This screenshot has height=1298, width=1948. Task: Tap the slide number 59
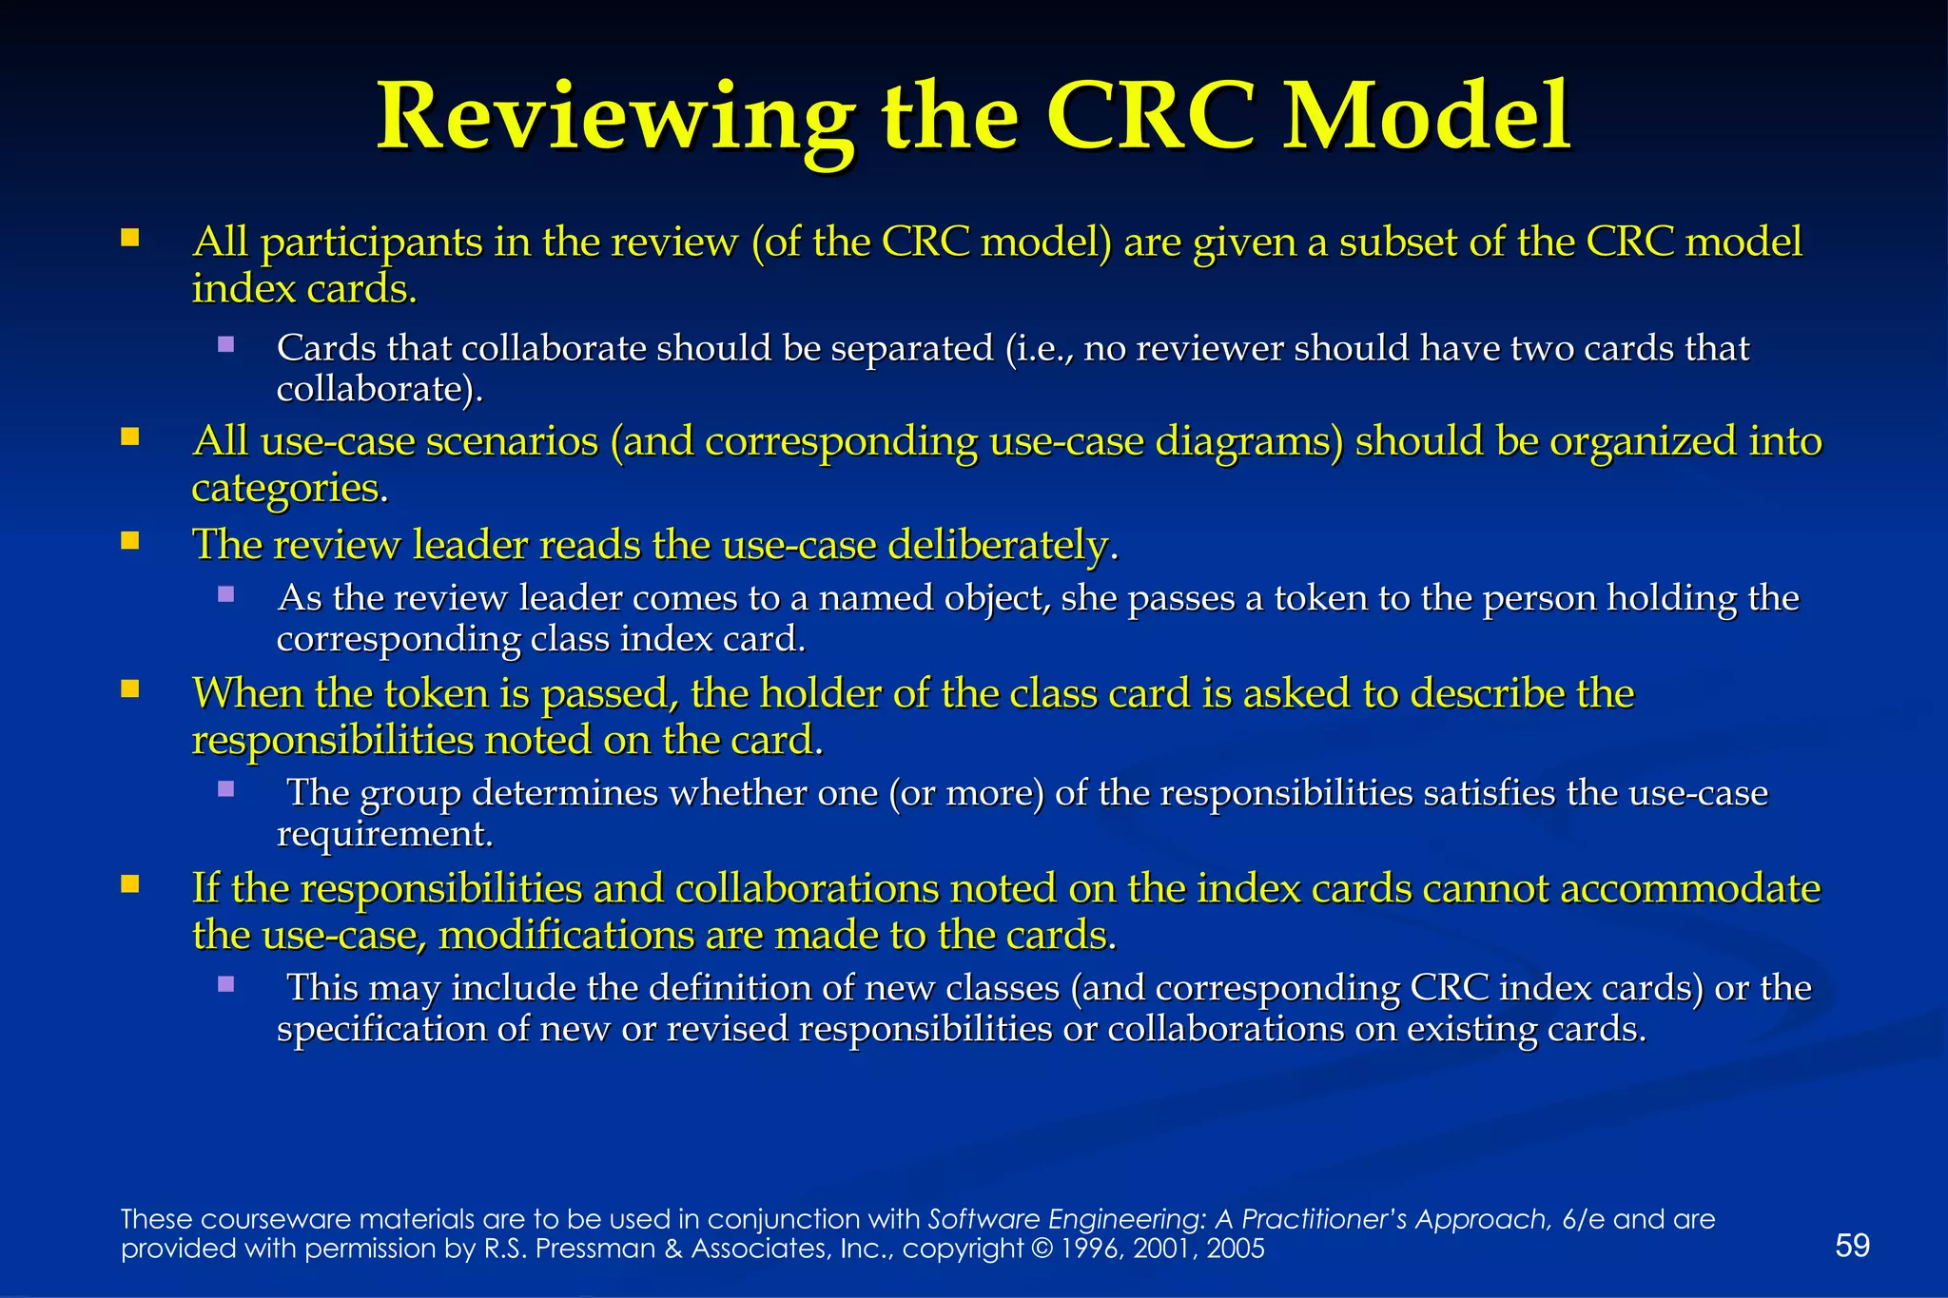coord(1852,1245)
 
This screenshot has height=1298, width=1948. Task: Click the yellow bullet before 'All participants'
coord(130,237)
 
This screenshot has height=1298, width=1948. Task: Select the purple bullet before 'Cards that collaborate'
coord(225,344)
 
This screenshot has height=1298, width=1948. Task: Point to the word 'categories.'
coord(290,488)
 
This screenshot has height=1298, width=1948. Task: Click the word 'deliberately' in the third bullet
coord(1002,545)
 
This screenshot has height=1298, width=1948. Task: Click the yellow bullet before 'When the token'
coord(130,688)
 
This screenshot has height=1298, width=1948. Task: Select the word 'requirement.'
coord(384,834)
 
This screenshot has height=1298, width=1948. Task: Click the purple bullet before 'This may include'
coord(225,984)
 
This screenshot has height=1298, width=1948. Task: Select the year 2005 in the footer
coord(1236,1249)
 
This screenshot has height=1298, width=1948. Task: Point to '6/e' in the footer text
coord(1583,1219)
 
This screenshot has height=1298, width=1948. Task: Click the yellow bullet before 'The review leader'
coord(130,541)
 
